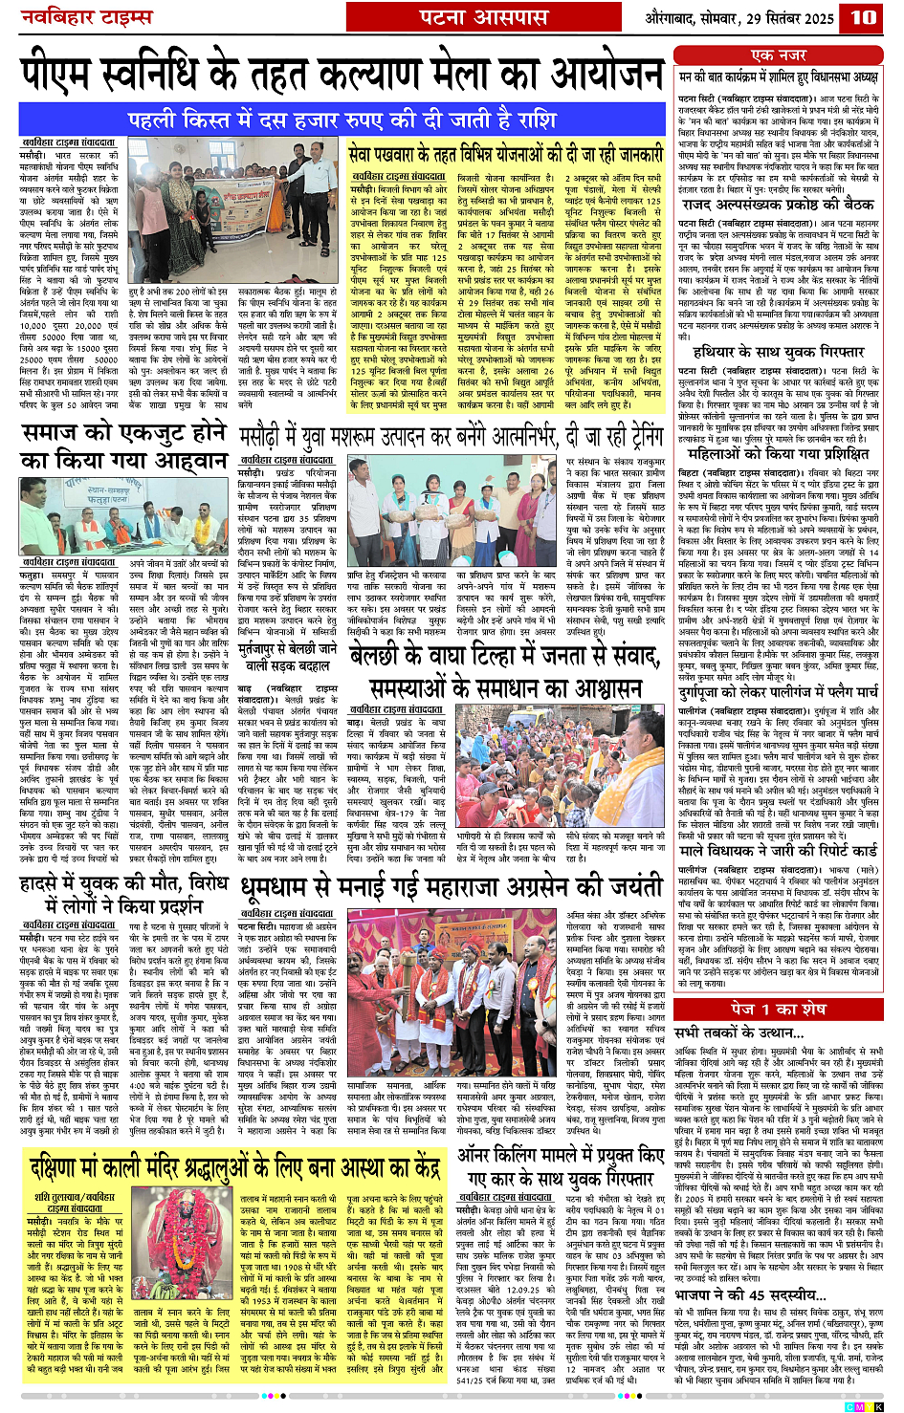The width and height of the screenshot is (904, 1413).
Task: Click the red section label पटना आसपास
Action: click(484, 17)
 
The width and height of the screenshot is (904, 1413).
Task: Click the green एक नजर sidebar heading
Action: click(779, 55)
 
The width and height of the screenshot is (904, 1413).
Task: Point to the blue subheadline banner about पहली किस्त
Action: click(342, 120)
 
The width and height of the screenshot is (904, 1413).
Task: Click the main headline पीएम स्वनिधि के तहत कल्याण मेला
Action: click(342, 76)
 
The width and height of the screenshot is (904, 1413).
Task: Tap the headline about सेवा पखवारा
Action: click(505, 154)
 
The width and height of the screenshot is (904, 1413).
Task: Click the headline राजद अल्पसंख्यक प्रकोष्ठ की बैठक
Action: click(778, 205)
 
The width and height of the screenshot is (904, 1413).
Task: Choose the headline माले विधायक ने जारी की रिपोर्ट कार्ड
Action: click(780, 851)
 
